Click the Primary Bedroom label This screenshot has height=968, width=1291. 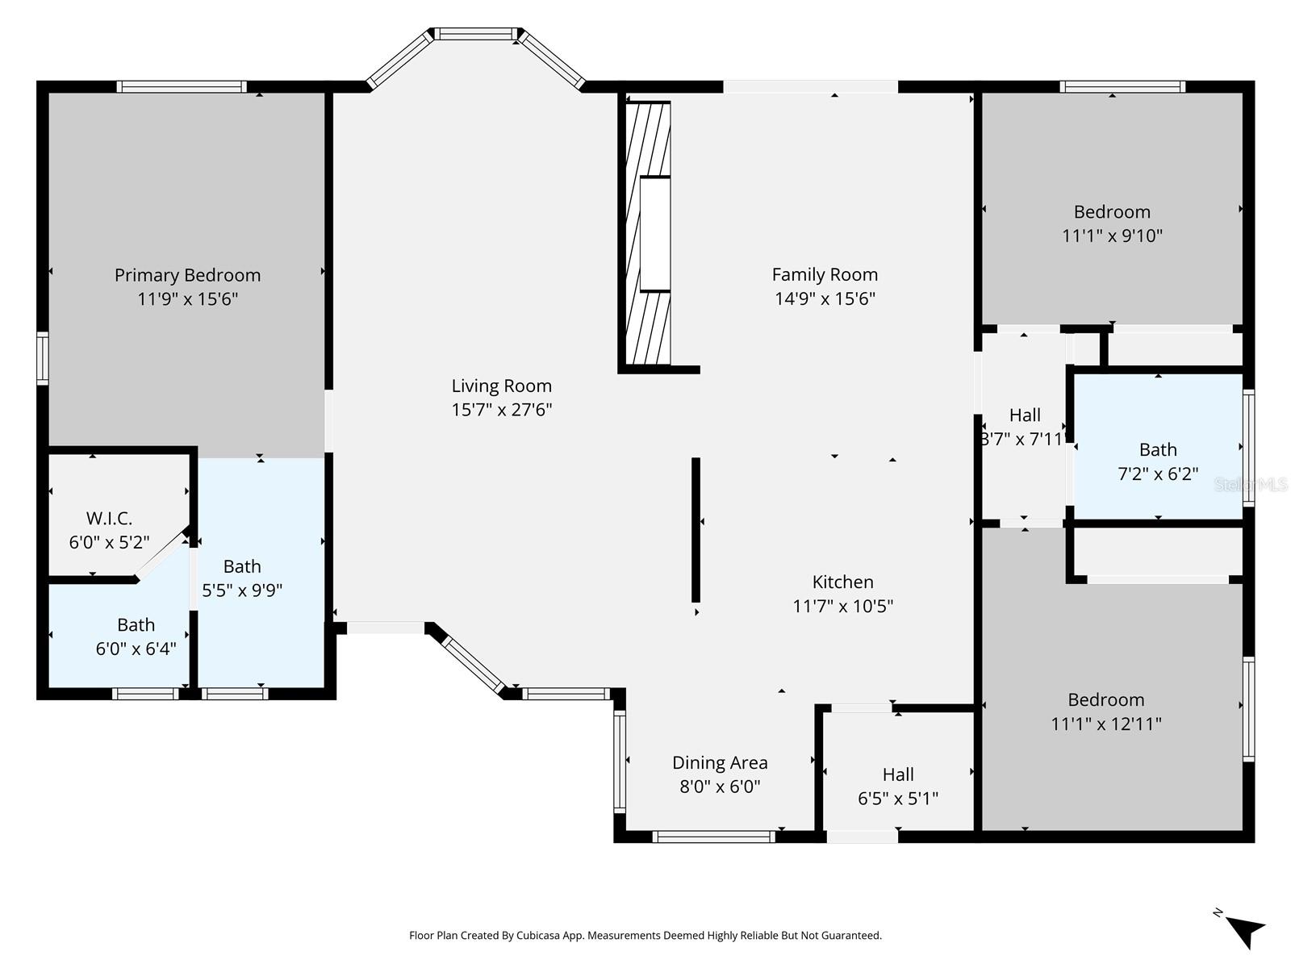(187, 275)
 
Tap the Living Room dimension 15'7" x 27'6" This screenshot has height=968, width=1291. (501, 410)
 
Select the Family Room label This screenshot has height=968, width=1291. (825, 274)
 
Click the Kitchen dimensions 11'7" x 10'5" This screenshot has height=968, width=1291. (842, 606)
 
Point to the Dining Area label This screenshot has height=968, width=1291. (720, 762)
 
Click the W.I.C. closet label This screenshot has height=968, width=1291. (109, 518)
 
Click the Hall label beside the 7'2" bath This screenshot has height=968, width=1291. (1025, 415)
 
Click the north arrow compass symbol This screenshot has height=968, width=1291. (1243, 930)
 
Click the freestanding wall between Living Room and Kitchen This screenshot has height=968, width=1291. (696, 529)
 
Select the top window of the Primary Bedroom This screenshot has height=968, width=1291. (182, 86)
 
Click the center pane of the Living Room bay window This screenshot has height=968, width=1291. (476, 34)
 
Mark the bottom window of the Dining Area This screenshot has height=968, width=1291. (713, 837)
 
